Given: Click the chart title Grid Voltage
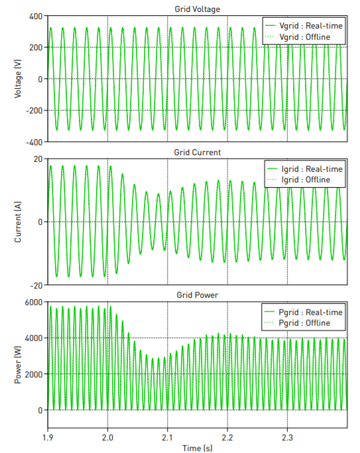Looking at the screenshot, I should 197,9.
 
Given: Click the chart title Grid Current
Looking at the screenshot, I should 197,153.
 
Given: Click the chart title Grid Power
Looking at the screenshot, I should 197,295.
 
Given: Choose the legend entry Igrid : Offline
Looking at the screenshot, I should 307,180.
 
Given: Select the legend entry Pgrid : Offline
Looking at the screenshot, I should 307,323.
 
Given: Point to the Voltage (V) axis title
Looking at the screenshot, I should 18,78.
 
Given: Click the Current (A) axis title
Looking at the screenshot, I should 18,222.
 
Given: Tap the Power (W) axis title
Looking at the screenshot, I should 18,365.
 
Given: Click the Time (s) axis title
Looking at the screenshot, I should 197,448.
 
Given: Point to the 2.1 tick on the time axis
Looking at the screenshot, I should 167,438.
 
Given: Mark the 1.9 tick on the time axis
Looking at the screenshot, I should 47,438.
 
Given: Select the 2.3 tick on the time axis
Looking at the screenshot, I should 287,438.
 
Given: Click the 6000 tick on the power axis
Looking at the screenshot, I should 33,302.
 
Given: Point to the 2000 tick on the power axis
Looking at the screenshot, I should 33,374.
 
